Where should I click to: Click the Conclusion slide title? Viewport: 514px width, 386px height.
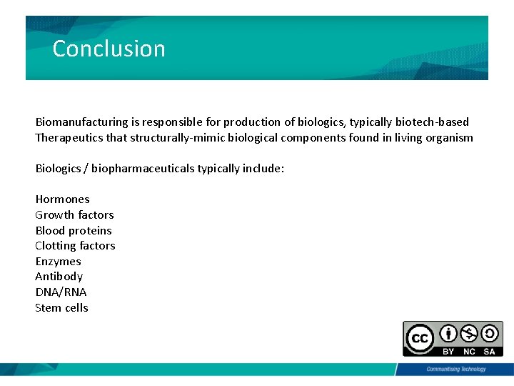pos(109,49)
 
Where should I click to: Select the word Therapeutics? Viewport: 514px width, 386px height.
pos(69,138)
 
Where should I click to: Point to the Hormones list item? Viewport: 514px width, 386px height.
pos(63,199)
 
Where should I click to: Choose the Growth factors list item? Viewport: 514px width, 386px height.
pos(75,214)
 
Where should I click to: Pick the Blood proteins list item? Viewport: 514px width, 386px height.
pos(74,230)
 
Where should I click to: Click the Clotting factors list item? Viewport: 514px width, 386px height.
pos(75,246)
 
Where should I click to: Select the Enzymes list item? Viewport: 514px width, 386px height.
pos(59,262)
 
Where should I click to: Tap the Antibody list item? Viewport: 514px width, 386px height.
pos(59,277)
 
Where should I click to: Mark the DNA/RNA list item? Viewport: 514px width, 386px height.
pos(61,292)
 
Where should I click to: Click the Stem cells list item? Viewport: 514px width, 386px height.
pos(62,308)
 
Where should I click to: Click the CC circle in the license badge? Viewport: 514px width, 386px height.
pos(420,338)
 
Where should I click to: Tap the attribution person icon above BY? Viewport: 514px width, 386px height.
pos(448,334)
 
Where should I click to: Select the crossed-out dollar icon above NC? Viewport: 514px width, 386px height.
pos(469,334)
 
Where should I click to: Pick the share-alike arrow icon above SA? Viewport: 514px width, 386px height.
pos(490,334)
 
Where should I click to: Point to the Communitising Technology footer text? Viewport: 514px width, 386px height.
pos(455,370)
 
